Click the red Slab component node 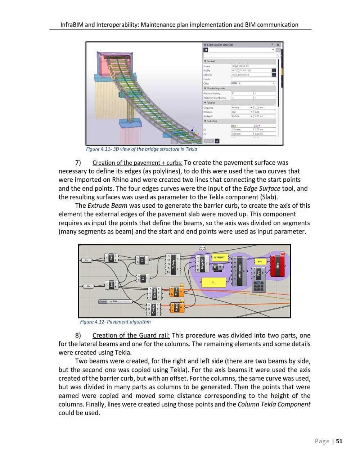tap(278, 265)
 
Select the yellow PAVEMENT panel tap(219, 257)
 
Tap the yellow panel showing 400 tap(260, 261)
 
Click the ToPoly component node tap(174, 264)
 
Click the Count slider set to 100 tap(115, 301)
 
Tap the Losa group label tap(202, 247)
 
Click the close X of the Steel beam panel tap(278, 45)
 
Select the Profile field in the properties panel tap(251, 71)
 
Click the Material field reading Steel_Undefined tap(251, 75)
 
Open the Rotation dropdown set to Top tap(242, 112)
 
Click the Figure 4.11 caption tap(141, 149)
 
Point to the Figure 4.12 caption tap(115, 322)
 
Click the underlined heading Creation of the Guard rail tap(131, 335)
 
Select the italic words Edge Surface tap(262, 188)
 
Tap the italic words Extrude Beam tap(107, 205)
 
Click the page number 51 tap(339, 441)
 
